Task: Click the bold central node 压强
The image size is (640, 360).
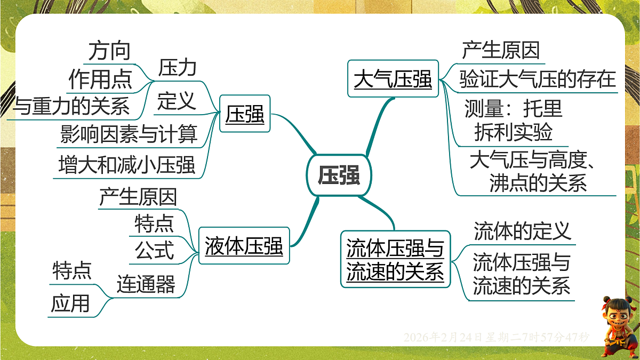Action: tap(339, 175)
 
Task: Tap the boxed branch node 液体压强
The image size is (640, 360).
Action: tap(244, 246)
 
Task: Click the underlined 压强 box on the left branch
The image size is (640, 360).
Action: tap(245, 114)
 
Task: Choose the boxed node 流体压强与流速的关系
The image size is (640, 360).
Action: tap(395, 260)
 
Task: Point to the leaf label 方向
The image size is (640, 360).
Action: tap(109, 51)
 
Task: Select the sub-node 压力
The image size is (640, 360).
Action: tap(177, 68)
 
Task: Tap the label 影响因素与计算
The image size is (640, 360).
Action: tap(129, 134)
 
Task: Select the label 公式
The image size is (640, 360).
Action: tap(154, 250)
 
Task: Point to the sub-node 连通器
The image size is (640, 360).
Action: tap(146, 284)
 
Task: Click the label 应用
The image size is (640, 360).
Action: tap(70, 304)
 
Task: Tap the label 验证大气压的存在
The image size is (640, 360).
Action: tap(538, 80)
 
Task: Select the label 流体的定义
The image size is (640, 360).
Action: tap(522, 231)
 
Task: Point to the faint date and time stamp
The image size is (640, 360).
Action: tap(496, 337)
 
